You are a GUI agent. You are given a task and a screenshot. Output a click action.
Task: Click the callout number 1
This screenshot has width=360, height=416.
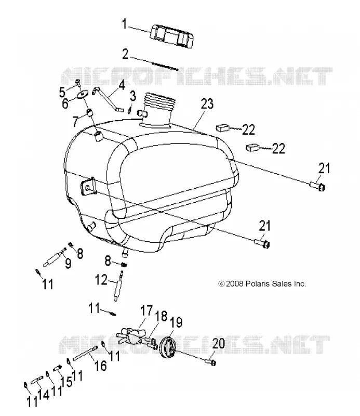click(x=124, y=24)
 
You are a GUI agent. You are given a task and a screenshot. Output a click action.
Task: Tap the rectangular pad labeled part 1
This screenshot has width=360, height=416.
click(x=171, y=36)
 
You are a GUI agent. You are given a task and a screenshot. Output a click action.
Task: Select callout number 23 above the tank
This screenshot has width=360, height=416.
click(x=207, y=103)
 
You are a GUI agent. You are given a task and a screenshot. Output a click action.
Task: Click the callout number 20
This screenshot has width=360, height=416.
click(x=218, y=344)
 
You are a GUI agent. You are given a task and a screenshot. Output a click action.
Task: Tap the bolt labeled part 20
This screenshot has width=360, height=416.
click(x=211, y=361)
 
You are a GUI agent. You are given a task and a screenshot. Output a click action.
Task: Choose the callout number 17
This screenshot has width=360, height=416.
click(x=146, y=310)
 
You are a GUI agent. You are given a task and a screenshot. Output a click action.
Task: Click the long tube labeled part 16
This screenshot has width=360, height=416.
click(x=84, y=354)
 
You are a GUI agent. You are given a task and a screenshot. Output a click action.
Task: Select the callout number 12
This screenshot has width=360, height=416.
click(x=101, y=280)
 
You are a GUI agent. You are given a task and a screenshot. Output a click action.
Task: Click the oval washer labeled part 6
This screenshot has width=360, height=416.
click(x=83, y=95)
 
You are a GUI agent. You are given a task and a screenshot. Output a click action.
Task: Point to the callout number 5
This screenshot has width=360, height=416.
click(x=62, y=92)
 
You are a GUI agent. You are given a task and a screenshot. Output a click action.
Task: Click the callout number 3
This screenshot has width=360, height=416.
click(x=133, y=96)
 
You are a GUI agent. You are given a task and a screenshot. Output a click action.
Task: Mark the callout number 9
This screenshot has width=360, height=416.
click(x=68, y=263)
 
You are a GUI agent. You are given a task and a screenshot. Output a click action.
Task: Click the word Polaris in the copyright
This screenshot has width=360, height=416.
click(x=257, y=283)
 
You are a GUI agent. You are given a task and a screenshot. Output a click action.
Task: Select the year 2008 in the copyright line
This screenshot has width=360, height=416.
click(x=235, y=283)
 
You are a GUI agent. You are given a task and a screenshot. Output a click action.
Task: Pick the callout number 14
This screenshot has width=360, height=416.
click(x=43, y=395)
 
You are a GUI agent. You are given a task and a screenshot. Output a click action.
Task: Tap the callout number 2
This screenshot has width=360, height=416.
click(x=125, y=54)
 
